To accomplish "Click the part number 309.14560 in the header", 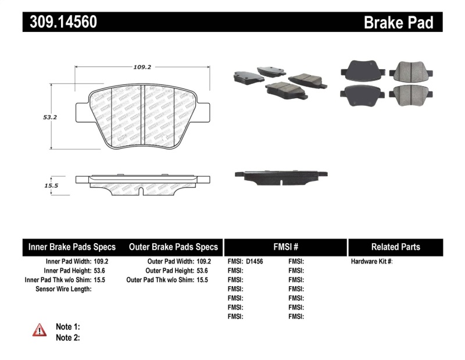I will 60,22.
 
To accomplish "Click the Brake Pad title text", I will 398,22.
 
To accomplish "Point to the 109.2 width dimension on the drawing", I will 142,67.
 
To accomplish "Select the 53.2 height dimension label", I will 50,117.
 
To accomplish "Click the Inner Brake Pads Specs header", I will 72,247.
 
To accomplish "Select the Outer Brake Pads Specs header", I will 174,247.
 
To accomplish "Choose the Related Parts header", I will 395,247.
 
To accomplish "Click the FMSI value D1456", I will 255,262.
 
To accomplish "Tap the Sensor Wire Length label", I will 63,289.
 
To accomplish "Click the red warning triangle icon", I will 40,330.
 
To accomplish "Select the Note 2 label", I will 67,337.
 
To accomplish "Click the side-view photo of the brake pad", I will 280,176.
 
